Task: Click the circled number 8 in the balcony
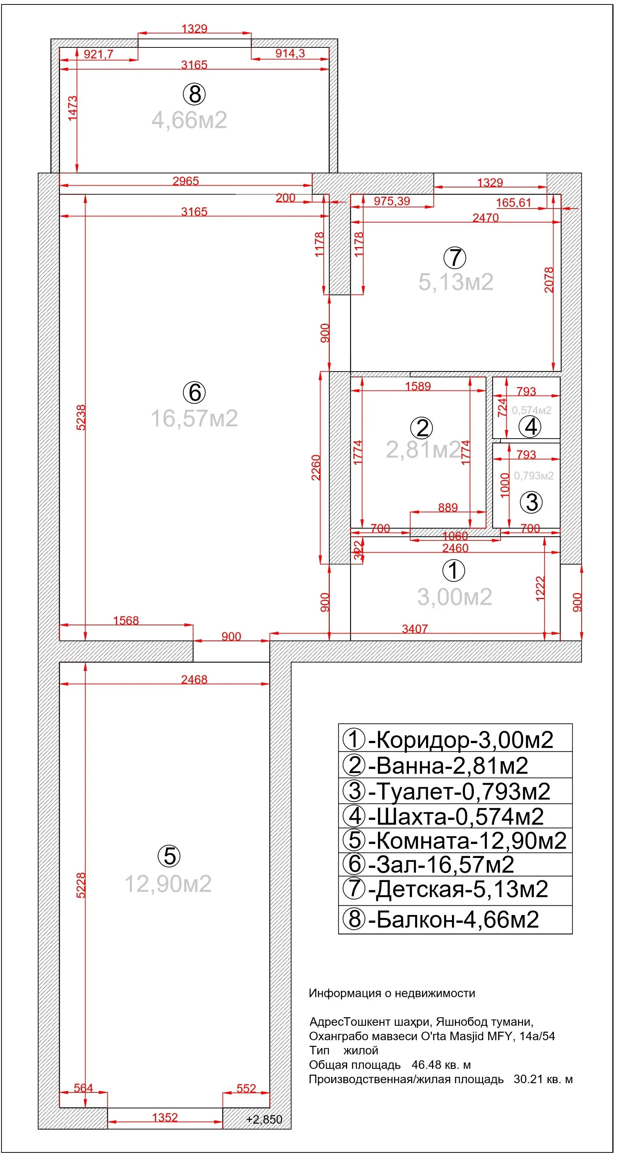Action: coord(194,94)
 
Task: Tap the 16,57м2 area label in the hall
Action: coord(194,418)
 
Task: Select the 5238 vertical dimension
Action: coord(81,417)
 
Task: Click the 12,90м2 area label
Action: coord(168,884)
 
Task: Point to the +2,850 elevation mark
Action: coord(264,1119)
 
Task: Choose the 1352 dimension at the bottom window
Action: coord(165,1117)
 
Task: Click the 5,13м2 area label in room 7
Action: coord(456,282)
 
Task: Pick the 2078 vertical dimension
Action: coord(549,280)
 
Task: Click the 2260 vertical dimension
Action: coord(316,467)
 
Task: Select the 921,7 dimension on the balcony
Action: coord(99,54)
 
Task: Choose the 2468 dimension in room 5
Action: coord(194,679)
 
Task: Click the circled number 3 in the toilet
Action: coord(531,502)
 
